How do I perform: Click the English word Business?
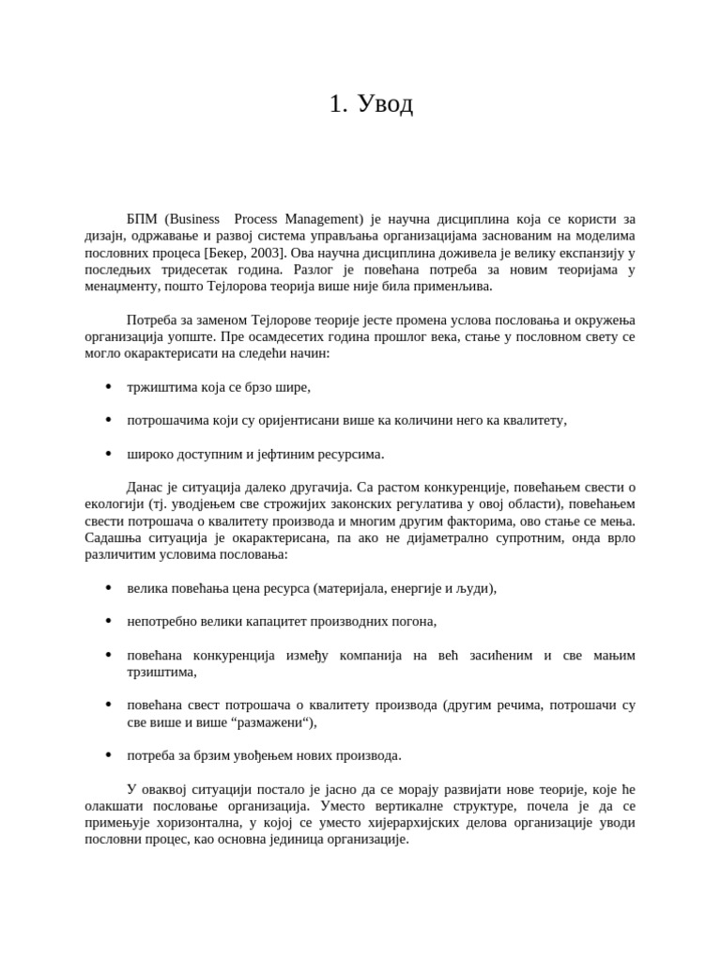pos(198,219)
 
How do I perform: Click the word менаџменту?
pos(121,287)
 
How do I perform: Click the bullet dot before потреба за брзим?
pos(109,755)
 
